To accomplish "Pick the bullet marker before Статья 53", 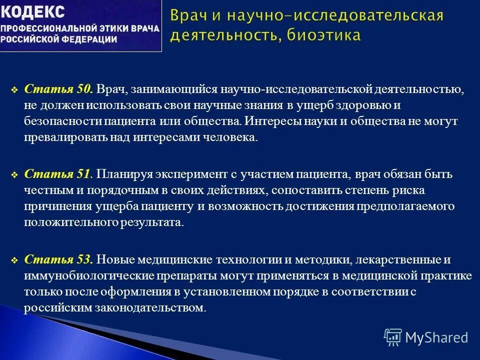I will (14, 260).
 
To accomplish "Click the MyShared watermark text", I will (436, 337).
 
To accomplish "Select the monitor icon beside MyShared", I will (393, 337).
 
